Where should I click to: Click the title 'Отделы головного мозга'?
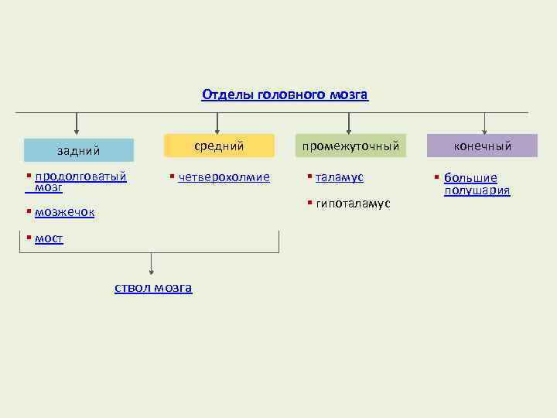[285, 94]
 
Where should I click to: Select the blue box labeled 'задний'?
[79, 150]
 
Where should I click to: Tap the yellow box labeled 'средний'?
[219, 146]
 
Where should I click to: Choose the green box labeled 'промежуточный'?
[350, 146]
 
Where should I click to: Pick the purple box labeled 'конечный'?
[483, 146]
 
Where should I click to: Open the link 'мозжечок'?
[65, 212]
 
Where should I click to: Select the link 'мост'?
[49, 238]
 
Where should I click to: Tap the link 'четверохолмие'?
[224, 177]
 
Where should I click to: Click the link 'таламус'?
[340, 177]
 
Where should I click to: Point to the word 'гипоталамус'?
[353, 204]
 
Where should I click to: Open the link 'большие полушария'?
[477, 184]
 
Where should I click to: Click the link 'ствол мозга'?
[153, 287]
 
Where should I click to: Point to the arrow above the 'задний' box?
[77, 124]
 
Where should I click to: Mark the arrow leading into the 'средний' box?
[217, 124]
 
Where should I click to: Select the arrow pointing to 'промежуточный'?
[349, 124]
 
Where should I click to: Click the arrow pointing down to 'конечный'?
[484, 124]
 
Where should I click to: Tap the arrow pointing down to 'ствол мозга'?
[152, 264]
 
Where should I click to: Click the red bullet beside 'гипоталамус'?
[309, 203]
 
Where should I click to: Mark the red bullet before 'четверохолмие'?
[172, 176]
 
